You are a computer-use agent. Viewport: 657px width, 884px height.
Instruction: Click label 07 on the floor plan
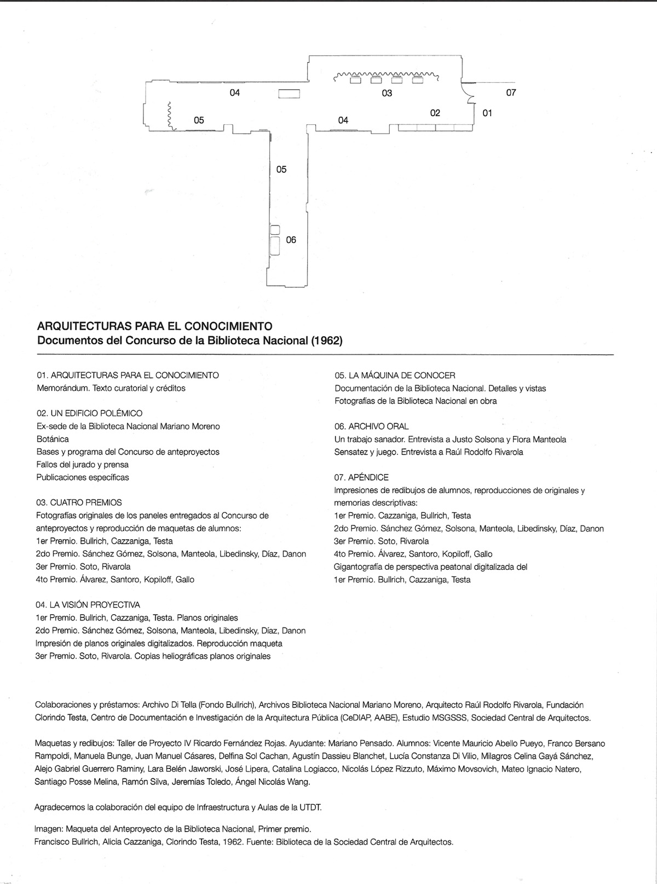point(511,93)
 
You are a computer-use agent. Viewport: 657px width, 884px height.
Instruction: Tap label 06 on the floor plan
point(291,240)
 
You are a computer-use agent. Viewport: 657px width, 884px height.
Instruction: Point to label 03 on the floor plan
point(387,94)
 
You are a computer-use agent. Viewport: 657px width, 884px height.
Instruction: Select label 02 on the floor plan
point(435,113)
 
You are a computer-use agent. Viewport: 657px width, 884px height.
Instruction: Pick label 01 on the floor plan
point(487,113)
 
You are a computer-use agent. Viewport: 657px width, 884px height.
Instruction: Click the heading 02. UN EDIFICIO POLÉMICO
point(89,413)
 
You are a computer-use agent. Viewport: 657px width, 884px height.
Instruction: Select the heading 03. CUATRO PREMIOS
point(79,502)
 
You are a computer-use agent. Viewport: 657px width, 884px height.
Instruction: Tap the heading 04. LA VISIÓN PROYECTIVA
point(88,605)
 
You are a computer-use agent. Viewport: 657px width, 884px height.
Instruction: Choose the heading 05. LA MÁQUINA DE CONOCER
point(395,375)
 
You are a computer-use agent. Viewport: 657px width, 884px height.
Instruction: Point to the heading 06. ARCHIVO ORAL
point(371,426)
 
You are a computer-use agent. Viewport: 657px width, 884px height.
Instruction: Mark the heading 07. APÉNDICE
point(361,477)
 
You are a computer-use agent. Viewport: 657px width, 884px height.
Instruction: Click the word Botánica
point(53,439)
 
